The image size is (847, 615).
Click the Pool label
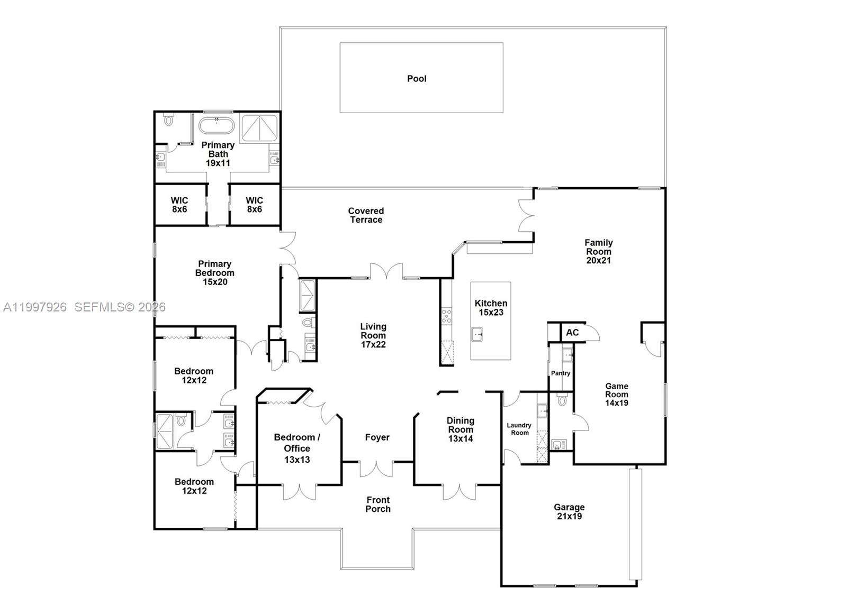tap(417, 79)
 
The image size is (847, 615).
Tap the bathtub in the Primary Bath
tap(217, 126)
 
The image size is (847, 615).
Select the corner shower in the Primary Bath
tap(259, 127)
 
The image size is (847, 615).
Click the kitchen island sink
tap(477, 334)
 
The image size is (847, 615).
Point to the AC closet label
tap(572, 333)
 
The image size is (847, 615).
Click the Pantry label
tap(561, 373)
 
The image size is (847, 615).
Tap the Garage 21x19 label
tap(569, 512)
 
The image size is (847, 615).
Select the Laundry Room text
tap(519, 429)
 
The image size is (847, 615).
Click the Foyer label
tap(377, 437)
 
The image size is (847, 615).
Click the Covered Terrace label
tap(366, 215)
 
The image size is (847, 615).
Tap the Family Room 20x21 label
tap(599, 251)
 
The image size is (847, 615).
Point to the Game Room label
tap(617, 394)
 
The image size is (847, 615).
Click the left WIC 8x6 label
tap(179, 205)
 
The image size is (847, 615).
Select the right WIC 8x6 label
tap(254, 205)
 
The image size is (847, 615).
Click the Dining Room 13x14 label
tap(460, 429)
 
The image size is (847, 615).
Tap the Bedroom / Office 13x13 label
tap(297, 448)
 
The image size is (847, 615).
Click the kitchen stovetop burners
tap(447, 316)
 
